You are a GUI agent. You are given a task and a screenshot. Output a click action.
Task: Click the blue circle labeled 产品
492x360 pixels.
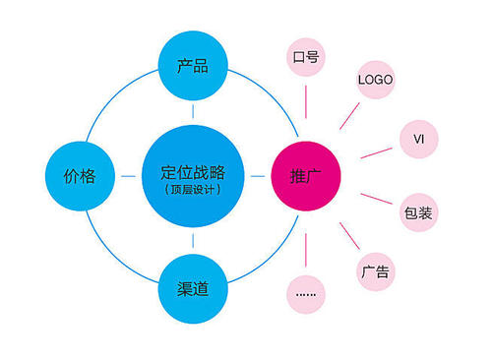[192, 68]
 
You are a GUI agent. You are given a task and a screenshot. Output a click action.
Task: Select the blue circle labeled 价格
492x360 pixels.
[80, 177]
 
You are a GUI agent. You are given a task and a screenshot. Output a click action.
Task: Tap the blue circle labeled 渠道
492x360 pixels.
[192, 288]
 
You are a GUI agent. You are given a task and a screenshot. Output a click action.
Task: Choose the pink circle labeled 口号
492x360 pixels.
[305, 58]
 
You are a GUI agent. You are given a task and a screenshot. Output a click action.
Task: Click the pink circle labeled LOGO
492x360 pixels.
[375, 78]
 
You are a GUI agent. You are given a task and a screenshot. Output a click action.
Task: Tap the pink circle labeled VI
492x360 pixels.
[417, 139]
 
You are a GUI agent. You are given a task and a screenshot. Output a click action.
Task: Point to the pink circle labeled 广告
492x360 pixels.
[375, 269]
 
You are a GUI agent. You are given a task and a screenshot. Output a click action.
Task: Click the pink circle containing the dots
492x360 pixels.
[306, 292]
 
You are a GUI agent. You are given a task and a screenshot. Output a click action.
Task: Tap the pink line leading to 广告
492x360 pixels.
[347, 234]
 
